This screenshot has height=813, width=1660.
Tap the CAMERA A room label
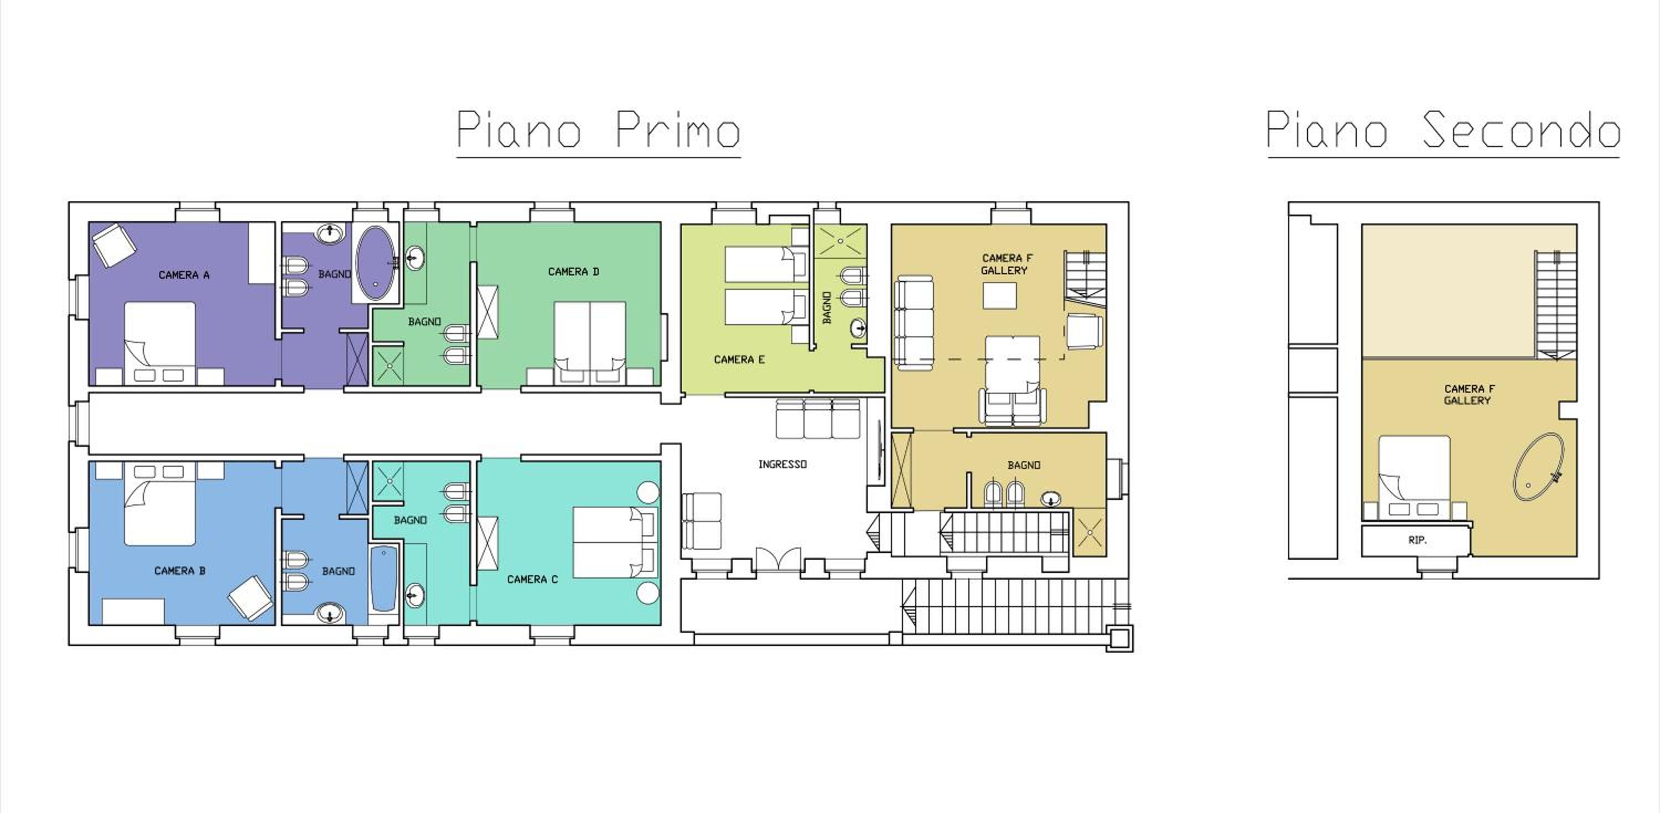(184, 275)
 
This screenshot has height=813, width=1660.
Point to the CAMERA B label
(180, 571)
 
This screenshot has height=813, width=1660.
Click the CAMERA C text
(532, 579)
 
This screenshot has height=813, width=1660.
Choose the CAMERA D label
(573, 272)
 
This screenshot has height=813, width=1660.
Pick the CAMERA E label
(739, 359)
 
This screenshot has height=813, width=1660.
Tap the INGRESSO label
(782, 464)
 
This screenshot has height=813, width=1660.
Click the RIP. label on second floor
(1418, 540)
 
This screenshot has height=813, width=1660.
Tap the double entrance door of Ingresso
(779, 559)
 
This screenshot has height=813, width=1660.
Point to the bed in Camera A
(160, 343)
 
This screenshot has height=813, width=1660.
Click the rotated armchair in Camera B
(251, 598)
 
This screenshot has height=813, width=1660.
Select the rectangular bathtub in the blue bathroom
(385, 579)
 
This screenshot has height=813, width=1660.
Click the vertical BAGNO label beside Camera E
(827, 308)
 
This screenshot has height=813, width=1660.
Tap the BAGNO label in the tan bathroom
(1024, 465)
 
